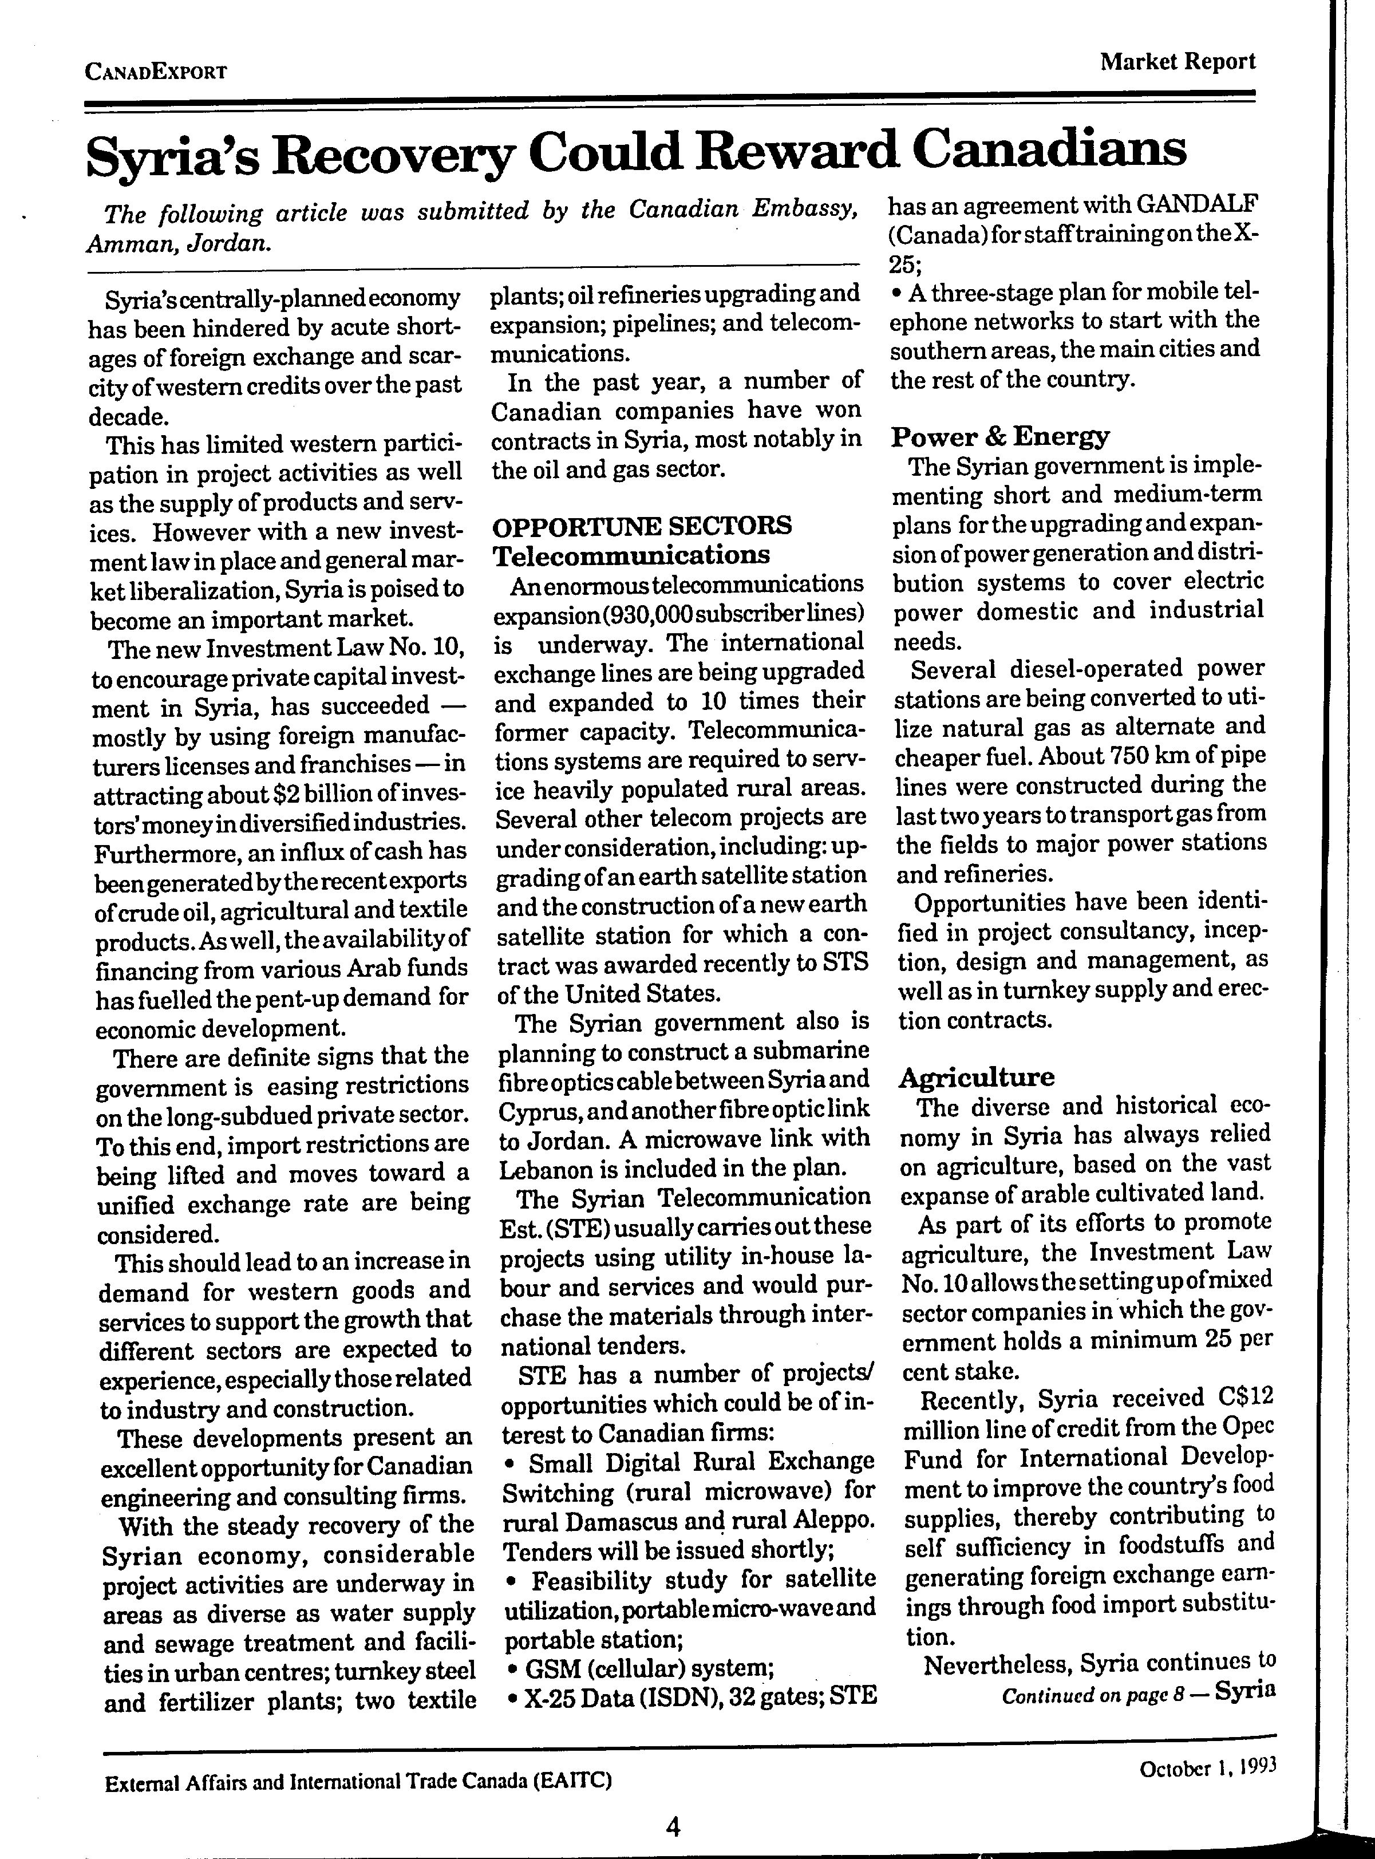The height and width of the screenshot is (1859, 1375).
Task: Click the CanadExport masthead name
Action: pos(156,72)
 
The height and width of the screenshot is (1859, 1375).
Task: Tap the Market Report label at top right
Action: pos(1177,62)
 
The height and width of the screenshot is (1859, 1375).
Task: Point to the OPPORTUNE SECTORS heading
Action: pos(642,526)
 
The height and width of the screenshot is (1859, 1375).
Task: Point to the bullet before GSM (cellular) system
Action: pos(510,1668)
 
